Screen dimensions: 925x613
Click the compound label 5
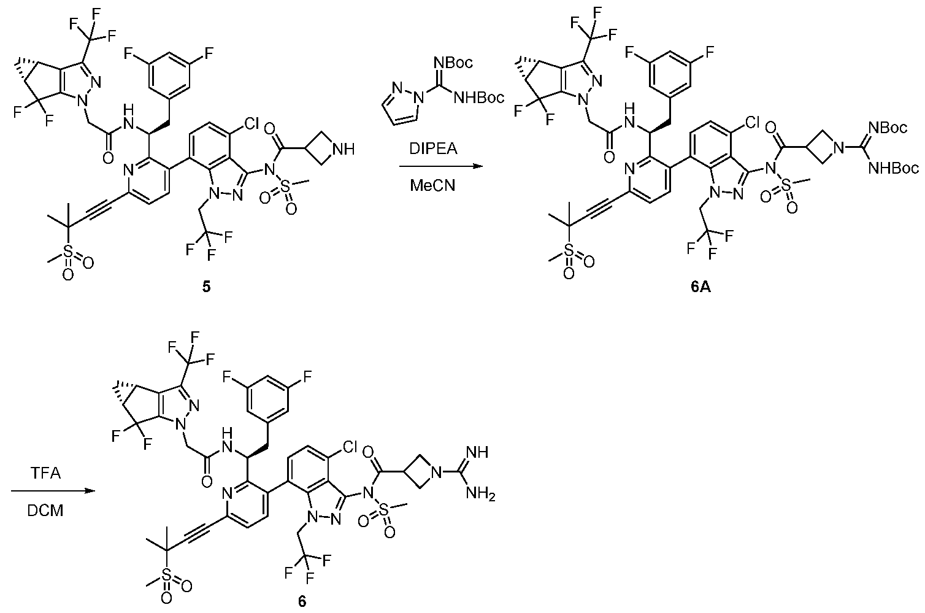coord(206,287)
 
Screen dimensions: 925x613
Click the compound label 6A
coord(700,287)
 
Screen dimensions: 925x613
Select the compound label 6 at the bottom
coord(302,601)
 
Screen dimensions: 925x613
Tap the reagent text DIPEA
coord(433,148)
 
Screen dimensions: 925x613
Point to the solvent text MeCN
coord(432,186)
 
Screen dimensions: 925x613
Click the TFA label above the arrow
coord(45,473)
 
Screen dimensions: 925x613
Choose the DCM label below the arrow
coord(45,511)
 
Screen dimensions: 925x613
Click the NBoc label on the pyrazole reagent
coord(453,63)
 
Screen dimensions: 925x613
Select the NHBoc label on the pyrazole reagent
coord(479,98)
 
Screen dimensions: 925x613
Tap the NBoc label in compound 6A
coord(888,128)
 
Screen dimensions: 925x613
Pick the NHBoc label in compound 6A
coord(894,168)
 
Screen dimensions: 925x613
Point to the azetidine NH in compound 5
coord(343,150)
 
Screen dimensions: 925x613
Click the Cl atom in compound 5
coord(251,123)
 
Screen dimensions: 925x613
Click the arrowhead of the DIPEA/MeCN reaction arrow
coord(478,166)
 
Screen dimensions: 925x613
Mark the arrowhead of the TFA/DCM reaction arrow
coord(90,491)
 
